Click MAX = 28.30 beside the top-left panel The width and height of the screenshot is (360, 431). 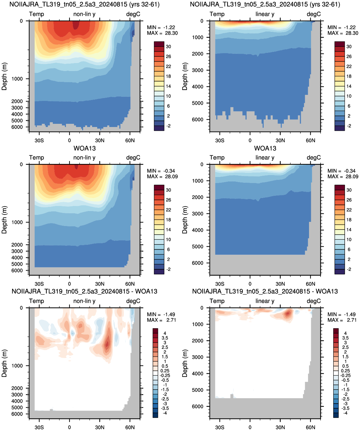coord(162,33)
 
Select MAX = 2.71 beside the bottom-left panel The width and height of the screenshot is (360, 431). coord(162,320)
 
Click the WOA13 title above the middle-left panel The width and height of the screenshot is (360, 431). coord(84,148)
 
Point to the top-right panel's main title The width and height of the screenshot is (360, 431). coord(265,4)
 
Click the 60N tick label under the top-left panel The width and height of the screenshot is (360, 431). coord(130,141)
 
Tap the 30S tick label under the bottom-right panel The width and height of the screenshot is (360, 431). coord(220,427)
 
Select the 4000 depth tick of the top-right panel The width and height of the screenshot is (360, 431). coord(198,87)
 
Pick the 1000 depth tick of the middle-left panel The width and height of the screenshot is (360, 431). coord(17,222)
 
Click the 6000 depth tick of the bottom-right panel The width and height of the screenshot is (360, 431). coord(198,406)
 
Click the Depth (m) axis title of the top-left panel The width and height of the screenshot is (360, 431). coord(4,76)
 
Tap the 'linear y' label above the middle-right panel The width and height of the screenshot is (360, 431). coord(265,158)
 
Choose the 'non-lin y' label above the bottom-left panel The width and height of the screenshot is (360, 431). coord(84,301)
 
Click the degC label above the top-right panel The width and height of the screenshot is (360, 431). coord(314,14)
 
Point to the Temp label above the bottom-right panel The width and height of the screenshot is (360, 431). coord(217,301)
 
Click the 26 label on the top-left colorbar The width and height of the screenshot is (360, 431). coord(169,56)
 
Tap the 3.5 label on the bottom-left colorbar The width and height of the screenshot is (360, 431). coord(165,338)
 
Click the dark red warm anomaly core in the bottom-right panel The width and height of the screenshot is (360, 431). coord(287,314)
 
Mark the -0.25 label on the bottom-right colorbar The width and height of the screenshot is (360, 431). coord(345,376)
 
